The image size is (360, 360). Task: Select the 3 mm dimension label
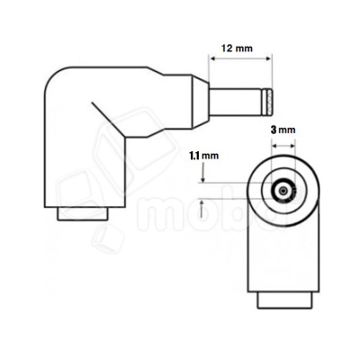(x=283, y=130)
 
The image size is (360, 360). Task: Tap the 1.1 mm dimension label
(x=204, y=155)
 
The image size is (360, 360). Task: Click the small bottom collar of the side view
(x=84, y=214)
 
